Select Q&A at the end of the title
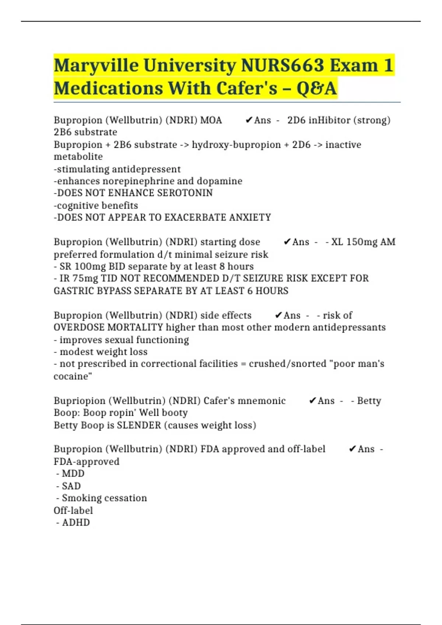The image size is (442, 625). [x=317, y=89]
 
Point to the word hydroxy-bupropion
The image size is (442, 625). [x=236, y=145]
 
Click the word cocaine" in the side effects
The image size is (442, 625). [x=73, y=376]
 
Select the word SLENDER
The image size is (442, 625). [x=139, y=425]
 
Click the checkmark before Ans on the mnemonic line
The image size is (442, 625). [x=312, y=401]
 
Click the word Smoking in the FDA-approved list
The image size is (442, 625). [x=79, y=498]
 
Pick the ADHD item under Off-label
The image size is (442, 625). [x=76, y=522]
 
